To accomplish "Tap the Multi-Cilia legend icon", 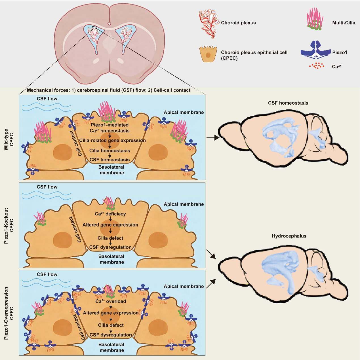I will [315, 19].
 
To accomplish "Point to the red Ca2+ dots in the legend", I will [317, 66].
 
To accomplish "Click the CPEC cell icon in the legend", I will [208, 54].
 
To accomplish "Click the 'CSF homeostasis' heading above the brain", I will [288, 103].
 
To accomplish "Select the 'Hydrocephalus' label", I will [289, 236].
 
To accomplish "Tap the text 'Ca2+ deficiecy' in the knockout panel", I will [110, 214].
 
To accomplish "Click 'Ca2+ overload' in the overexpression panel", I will [111, 301].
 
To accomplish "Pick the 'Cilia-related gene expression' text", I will [112, 140].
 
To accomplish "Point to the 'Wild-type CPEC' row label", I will [9, 137].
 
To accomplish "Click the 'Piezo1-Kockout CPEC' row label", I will [9, 226].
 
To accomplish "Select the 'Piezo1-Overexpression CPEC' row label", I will [9, 313].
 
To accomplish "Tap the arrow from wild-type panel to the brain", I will [213, 138].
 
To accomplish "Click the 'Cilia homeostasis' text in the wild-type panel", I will [110, 151].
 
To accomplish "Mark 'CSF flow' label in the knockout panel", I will [47, 187].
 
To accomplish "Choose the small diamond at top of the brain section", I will [110, 24].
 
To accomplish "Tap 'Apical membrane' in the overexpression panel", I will [184, 286].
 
